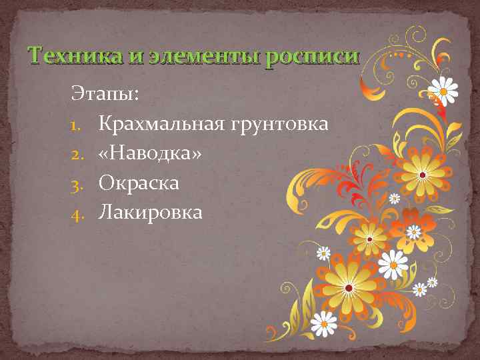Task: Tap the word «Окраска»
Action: pyautogui.click(x=139, y=183)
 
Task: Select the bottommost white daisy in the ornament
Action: pyautogui.click(x=324, y=324)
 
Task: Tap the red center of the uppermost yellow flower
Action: pyautogui.click(x=422, y=175)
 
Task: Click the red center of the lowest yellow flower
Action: pyautogui.click(x=349, y=288)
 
